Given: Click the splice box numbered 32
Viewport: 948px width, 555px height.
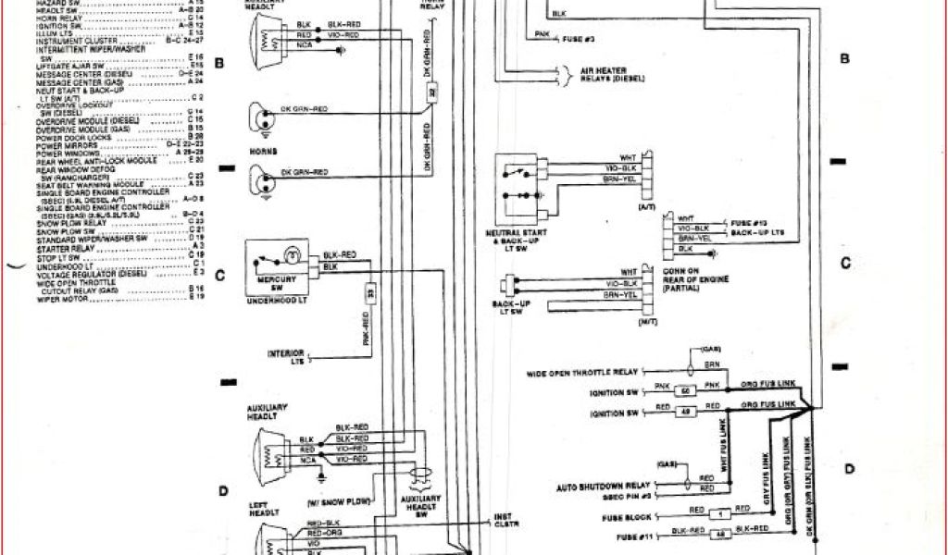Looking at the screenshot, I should [x=431, y=93].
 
